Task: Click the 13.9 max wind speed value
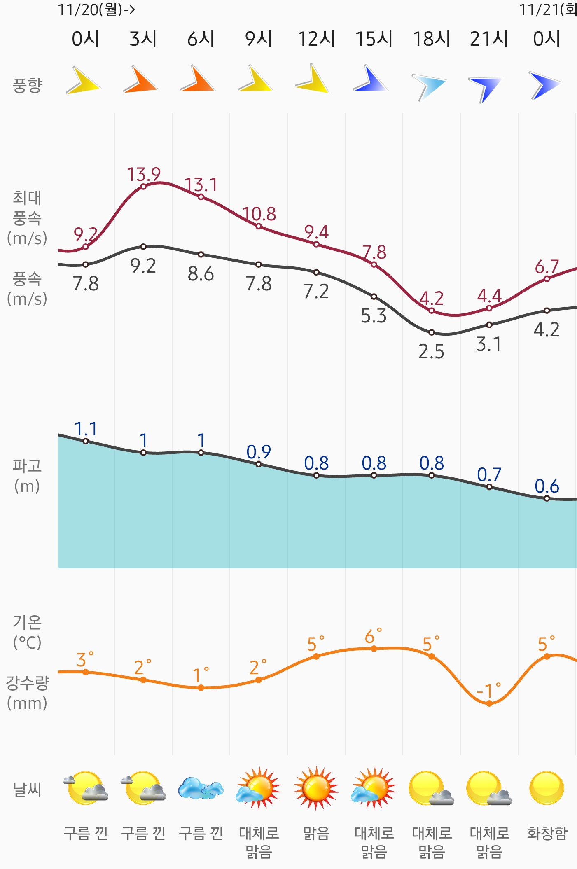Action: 143,175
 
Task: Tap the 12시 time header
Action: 316,39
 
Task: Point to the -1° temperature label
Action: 488,691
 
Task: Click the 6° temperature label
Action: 373,637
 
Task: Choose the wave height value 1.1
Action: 86,429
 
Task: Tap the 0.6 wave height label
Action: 547,486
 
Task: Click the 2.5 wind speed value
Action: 431,352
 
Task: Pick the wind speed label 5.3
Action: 374,316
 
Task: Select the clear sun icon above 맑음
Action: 316,788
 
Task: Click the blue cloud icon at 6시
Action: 201,788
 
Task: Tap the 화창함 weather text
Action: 547,833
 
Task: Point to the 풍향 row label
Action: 27,85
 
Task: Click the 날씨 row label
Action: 27,790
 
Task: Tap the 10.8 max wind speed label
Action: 259,214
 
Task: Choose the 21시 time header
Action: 489,39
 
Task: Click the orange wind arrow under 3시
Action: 140,79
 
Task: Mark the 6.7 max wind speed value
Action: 547,267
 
